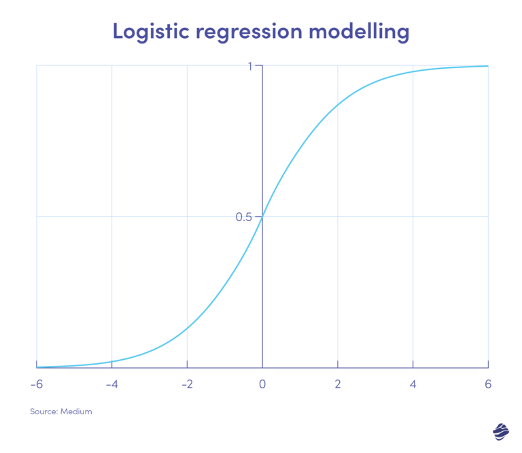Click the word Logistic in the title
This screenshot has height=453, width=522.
click(151, 32)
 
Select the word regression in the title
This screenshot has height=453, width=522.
click(249, 33)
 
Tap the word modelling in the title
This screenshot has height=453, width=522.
click(359, 32)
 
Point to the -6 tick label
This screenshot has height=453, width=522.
click(37, 384)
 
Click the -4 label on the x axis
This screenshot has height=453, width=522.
click(112, 384)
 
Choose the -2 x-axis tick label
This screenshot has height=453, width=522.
click(187, 384)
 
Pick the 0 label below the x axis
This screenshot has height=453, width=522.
click(262, 384)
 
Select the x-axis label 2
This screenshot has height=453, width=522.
click(338, 384)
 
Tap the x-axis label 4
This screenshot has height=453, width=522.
click(413, 384)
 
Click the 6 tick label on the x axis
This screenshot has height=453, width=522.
click(488, 384)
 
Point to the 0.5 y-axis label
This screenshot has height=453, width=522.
click(244, 217)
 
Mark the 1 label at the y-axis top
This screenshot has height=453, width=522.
click(250, 67)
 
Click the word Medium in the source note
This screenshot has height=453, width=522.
click(76, 412)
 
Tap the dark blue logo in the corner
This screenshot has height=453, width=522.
click(501, 432)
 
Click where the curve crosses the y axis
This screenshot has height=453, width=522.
click(262, 217)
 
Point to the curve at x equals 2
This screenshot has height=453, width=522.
click(338, 105)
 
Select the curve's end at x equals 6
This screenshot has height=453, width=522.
click(488, 66)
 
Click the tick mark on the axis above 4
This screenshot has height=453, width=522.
click(413, 364)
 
